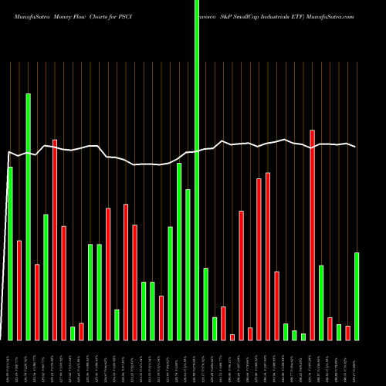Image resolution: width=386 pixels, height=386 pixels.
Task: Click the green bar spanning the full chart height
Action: click(x=196, y=170)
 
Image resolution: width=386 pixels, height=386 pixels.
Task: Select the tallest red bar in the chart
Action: click(x=312, y=235)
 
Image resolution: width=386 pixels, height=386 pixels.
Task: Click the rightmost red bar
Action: click(x=347, y=333)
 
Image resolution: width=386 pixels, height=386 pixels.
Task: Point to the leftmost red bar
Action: click(x=19, y=289)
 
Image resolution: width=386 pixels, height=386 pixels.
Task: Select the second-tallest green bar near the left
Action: click(x=29, y=216)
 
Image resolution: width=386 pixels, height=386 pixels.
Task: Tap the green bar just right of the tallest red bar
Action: click(x=321, y=302)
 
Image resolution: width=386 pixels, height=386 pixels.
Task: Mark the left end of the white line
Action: click(x=7, y=151)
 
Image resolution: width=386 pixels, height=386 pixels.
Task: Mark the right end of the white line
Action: click(x=356, y=147)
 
